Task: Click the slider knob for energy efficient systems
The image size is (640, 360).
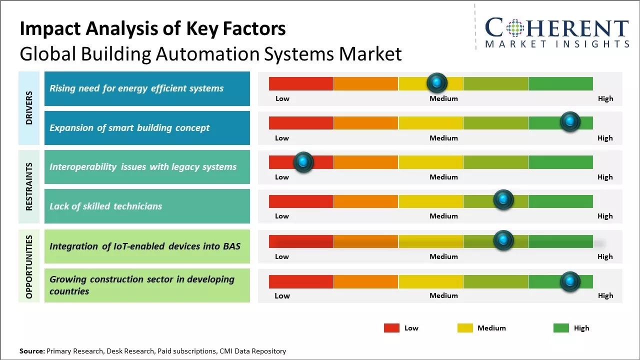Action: [x=437, y=82]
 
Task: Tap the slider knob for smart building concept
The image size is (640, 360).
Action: [x=569, y=121]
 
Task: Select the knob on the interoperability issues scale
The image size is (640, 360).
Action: [x=303, y=161]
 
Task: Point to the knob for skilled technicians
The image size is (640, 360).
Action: [x=503, y=200]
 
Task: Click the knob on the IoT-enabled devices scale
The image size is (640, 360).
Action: [x=503, y=240]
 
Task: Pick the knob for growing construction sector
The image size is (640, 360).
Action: [x=569, y=281]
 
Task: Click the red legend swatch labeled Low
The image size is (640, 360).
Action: [x=391, y=328]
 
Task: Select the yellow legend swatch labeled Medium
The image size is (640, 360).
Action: [x=465, y=328]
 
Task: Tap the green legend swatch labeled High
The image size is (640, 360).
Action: [x=561, y=328]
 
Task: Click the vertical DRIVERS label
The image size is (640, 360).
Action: [x=29, y=108]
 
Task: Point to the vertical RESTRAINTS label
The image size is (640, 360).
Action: [x=29, y=186]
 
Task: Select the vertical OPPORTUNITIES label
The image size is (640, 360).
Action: [x=29, y=266]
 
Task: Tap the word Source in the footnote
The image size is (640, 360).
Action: [x=32, y=351]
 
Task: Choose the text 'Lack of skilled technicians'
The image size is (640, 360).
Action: [x=105, y=206]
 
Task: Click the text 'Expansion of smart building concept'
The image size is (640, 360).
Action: [x=129, y=127]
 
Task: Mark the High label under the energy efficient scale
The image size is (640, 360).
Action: [x=605, y=98]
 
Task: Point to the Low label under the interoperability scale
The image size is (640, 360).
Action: [x=282, y=177]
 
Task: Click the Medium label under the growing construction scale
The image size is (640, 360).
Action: [x=443, y=295]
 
